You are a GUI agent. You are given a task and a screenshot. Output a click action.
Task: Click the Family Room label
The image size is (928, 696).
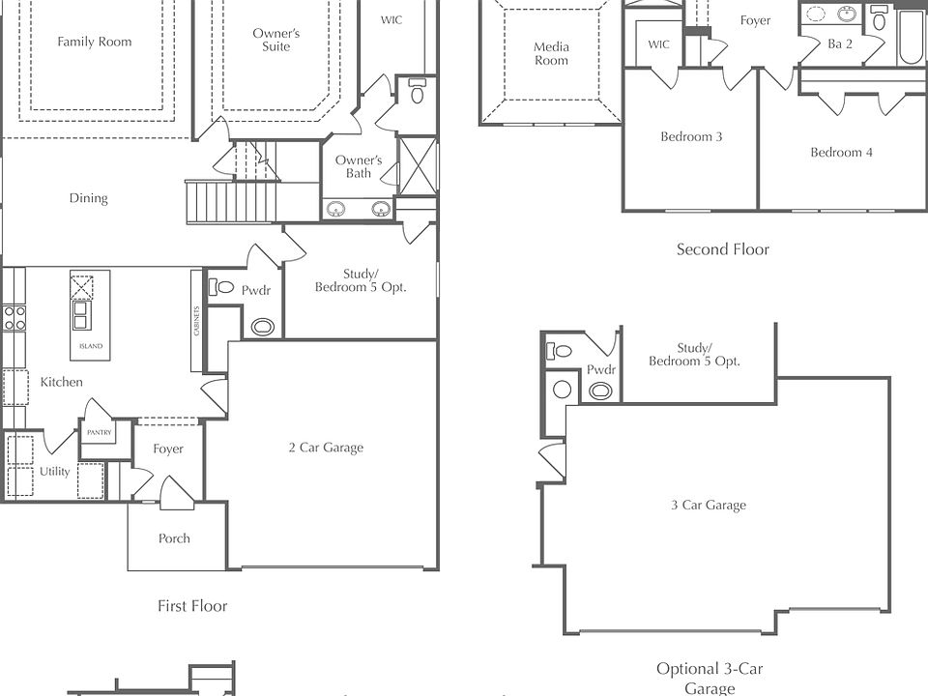coord(94,42)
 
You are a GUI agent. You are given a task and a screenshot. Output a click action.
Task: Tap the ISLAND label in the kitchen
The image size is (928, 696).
coord(91,346)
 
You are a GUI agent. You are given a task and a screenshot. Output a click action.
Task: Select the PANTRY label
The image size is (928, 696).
coord(99,433)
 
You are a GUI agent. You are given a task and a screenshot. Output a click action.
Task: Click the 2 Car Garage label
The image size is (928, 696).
coord(326,448)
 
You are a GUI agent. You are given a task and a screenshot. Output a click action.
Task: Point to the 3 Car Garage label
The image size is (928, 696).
coord(709,505)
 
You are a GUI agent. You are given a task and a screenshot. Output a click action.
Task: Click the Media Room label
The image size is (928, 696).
coord(551,53)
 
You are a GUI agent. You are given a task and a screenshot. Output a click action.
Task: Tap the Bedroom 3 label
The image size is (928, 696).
coord(691,136)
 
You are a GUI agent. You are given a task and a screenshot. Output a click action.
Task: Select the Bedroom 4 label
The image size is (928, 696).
coord(841,152)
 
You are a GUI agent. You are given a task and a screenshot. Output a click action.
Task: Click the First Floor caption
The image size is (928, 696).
coord(192,605)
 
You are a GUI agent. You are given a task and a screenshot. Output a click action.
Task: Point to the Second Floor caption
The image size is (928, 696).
coord(723,249)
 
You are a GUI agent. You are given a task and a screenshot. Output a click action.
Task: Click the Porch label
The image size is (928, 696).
coord(174,538)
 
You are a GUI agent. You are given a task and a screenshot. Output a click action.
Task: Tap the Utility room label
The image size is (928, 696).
coord(54,471)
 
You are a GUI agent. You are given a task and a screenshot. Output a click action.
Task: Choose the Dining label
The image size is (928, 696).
coord(88,197)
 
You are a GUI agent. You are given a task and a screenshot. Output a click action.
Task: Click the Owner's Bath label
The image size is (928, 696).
coord(358,166)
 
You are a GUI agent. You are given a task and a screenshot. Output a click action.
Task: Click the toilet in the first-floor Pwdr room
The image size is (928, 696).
coord(221,287)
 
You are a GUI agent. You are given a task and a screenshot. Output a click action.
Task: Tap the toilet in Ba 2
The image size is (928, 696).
coord(879,19)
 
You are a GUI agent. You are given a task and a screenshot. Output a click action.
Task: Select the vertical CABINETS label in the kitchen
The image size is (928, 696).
coord(196,321)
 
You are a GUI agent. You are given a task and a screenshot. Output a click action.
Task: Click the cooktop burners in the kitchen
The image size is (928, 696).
coord(14,318)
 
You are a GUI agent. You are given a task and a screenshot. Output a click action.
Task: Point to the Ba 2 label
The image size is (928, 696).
coord(840,43)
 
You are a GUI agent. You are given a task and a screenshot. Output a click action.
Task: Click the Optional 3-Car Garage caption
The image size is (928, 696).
coord(710,679)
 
